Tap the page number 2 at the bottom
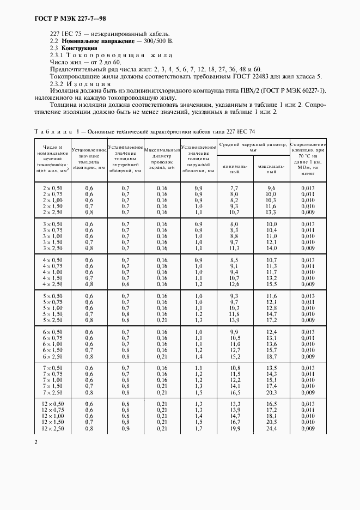click(36, 442)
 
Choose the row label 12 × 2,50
click(53, 429)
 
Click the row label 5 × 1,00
click(53, 308)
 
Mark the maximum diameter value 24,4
click(271, 429)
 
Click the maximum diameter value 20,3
click(271, 392)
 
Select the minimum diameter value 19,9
click(235, 429)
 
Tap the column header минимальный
click(235, 168)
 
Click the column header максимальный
click(271, 168)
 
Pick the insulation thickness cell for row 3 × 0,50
click(89, 224)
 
